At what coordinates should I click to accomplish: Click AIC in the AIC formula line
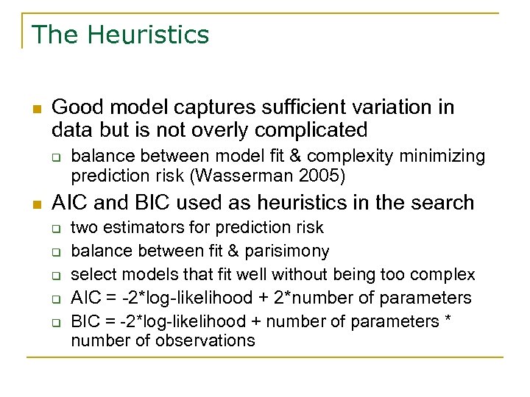[x=84, y=298]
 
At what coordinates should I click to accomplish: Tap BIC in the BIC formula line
[x=84, y=321]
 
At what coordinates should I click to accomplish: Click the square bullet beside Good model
[x=36, y=109]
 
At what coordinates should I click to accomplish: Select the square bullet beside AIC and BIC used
[x=36, y=204]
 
